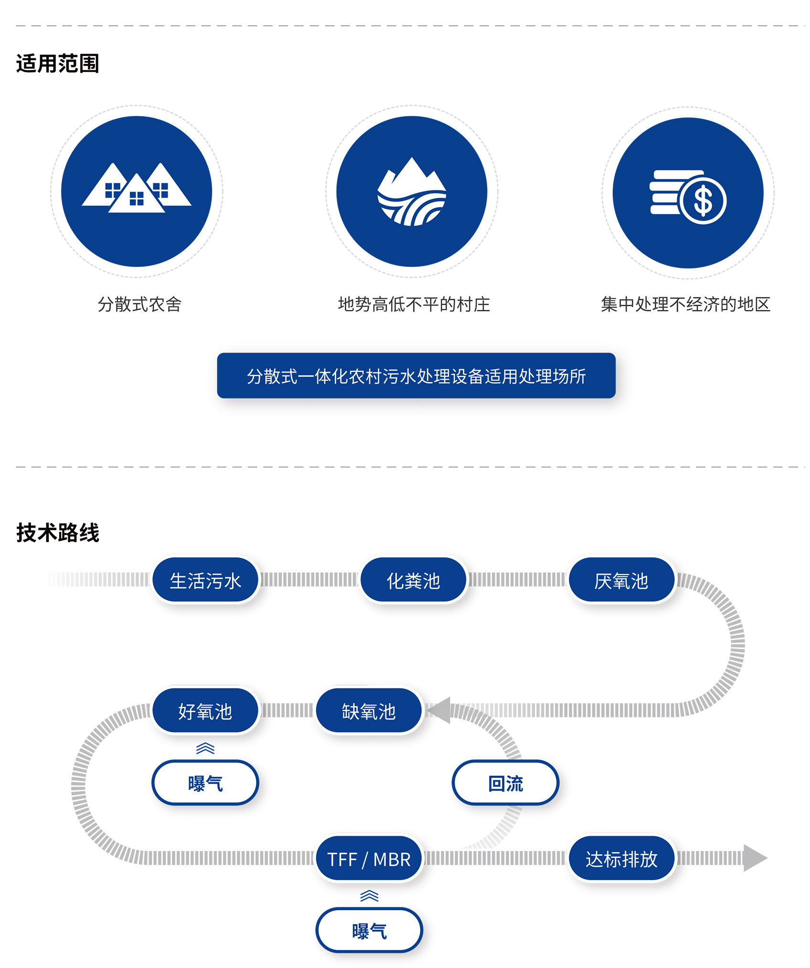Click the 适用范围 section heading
57,64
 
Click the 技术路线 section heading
57,532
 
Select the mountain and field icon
412,192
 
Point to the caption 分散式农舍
139,304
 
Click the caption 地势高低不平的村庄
414,304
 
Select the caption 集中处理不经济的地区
685,304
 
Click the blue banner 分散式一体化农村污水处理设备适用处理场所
416,376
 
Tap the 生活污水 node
205,580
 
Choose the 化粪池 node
413,580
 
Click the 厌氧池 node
621,580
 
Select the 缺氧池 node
369,711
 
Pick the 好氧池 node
205,711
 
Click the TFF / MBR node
369,859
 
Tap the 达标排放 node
621,859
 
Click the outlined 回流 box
505,783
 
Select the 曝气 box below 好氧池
205,783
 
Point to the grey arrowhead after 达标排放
754,858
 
